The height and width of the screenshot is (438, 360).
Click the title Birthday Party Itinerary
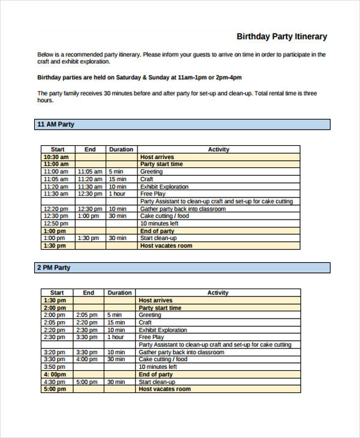[281, 37]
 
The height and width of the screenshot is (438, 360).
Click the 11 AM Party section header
[56, 124]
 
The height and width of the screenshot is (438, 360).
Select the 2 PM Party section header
[54, 268]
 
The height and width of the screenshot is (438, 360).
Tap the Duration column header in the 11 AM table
[121, 149]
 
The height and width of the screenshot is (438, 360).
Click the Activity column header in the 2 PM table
[218, 293]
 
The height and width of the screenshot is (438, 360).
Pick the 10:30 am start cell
[56, 157]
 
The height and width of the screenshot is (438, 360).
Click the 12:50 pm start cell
[55, 223]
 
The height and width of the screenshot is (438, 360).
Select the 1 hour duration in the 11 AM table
[117, 194]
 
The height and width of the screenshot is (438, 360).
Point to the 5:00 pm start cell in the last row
[55, 389]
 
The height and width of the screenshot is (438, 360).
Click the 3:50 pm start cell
[55, 367]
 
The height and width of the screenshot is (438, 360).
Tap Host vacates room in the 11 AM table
[166, 245]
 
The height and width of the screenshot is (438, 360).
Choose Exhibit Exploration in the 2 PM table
[163, 330]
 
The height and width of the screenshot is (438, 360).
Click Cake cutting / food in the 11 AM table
[164, 216]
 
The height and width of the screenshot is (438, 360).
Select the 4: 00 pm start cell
[55, 374]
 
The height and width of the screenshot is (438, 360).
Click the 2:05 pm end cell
[87, 314]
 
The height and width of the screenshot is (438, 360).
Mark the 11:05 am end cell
[90, 171]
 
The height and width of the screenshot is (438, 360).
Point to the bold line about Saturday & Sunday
[140, 77]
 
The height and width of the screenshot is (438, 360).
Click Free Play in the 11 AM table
[152, 194]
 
